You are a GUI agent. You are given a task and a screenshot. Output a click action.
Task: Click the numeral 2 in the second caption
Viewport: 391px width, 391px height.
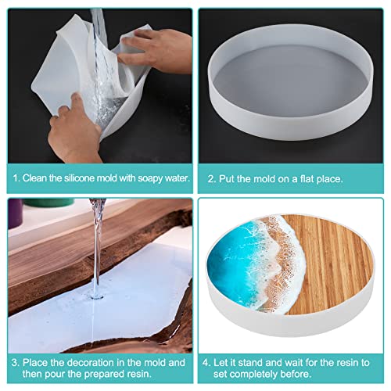[x=210, y=179]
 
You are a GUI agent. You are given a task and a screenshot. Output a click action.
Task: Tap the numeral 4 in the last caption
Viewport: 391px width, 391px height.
[x=206, y=363]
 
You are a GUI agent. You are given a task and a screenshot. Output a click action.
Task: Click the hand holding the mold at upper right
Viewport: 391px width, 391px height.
[x=156, y=51]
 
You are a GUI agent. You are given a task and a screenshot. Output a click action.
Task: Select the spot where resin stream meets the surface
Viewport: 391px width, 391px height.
[x=97, y=296]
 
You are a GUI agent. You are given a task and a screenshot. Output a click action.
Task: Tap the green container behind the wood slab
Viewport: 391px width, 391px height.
[x=49, y=203]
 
